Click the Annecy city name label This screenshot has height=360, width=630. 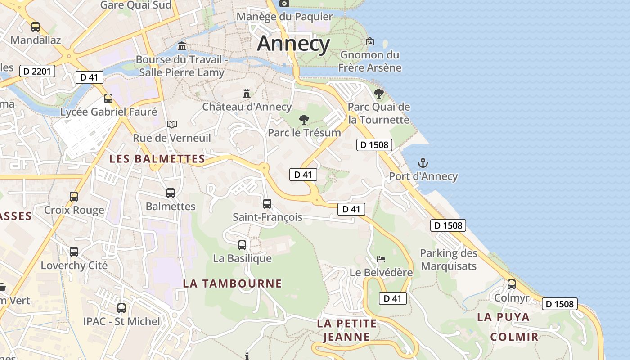click(293, 44)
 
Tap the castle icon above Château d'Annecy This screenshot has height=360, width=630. click(246, 94)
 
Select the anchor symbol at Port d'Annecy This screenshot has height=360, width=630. click(423, 163)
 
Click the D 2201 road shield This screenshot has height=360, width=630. click(37, 71)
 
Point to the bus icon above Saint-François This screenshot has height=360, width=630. click(267, 204)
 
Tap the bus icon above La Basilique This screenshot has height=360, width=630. click(242, 245)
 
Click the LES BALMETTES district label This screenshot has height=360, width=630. click(157, 159)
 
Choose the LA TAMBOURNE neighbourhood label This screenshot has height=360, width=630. click(232, 283)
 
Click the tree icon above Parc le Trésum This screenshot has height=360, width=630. click(304, 119)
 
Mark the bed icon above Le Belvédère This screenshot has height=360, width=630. click(381, 259)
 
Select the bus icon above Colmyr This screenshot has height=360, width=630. click(512, 284)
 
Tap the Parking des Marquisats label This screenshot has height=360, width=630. click(448, 260)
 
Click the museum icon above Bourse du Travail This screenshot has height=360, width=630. click(182, 46)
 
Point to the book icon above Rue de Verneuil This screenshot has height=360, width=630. click(172, 124)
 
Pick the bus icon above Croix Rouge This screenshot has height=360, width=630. click(74, 197)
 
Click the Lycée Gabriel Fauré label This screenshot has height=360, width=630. click(108, 112)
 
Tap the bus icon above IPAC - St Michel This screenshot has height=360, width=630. click(121, 308)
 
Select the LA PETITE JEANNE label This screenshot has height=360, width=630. click(346, 330)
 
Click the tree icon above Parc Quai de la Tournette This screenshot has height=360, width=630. click(379, 94)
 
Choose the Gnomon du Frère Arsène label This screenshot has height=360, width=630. click(370, 61)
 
